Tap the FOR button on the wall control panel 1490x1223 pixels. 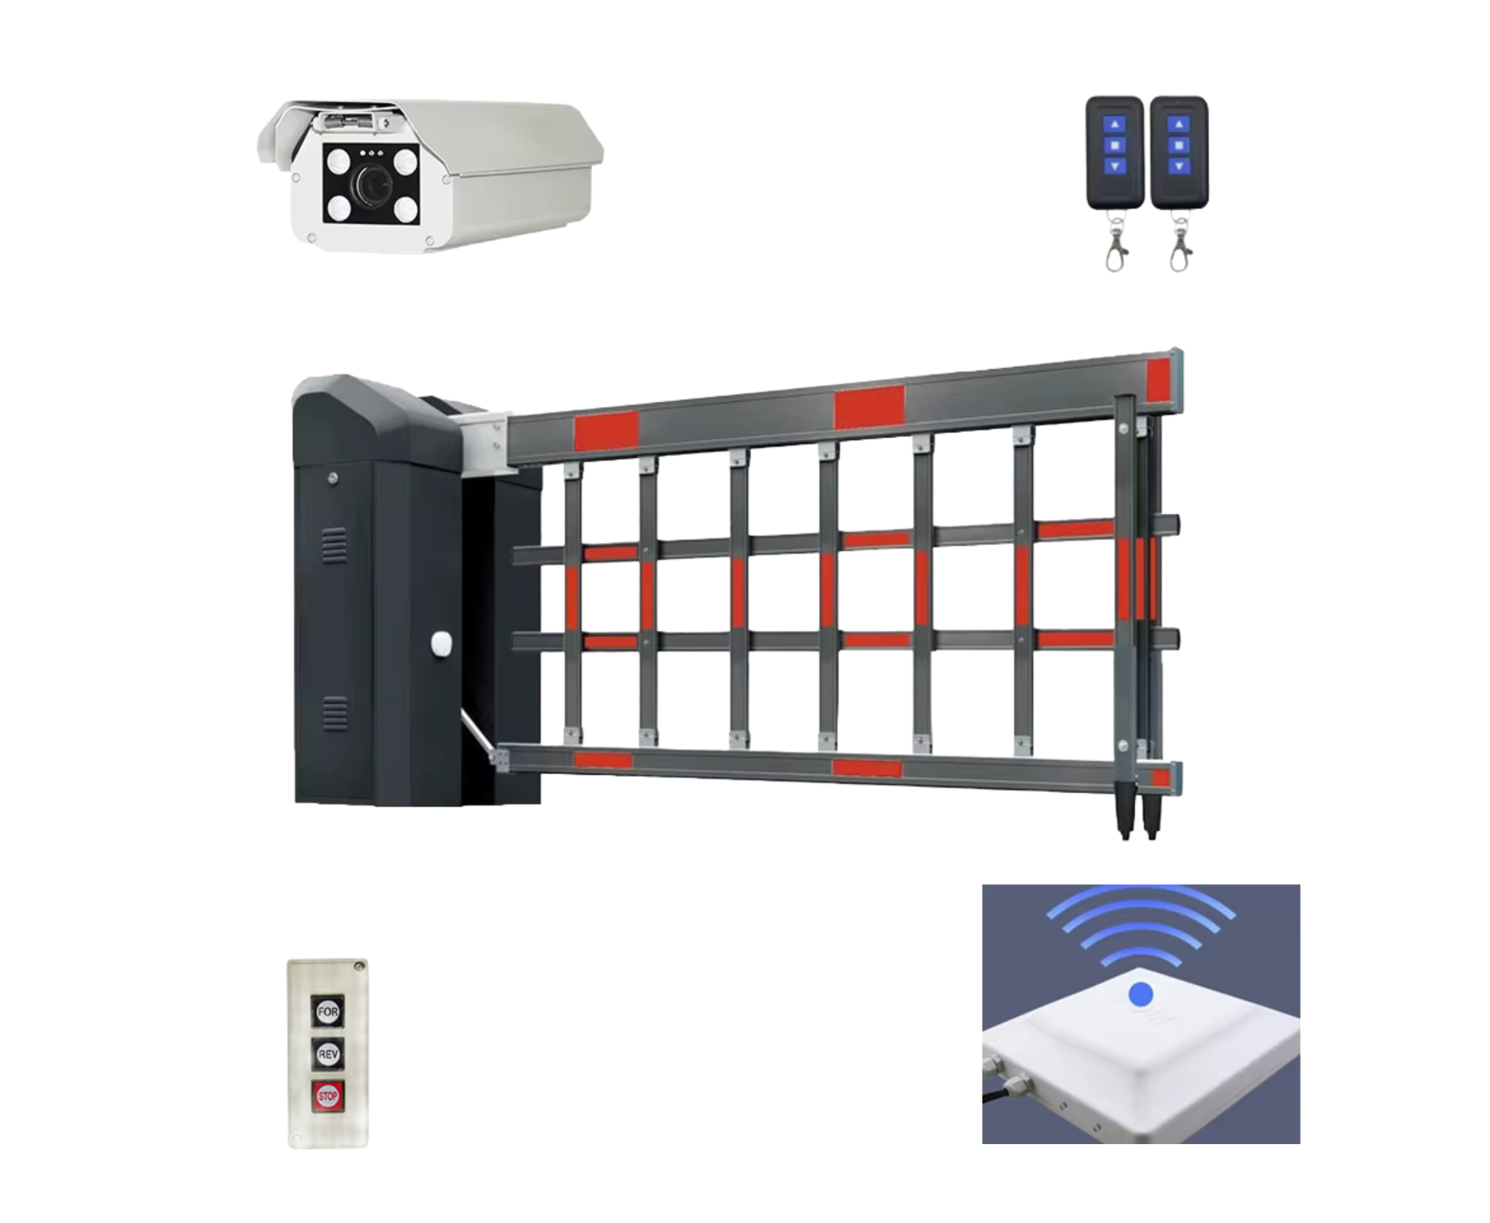328,1012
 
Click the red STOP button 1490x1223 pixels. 328,1096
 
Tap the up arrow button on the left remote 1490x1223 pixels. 1115,125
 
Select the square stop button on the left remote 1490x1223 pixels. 1115,146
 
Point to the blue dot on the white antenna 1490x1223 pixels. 1141,995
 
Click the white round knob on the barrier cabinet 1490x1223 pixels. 441,643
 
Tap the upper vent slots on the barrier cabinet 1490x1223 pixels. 334,546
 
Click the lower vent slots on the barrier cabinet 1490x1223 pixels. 335,715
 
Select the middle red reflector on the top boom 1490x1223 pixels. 869,407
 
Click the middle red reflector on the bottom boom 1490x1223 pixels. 867,768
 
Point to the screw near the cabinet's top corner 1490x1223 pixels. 333,479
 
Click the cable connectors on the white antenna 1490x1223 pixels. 1007,1078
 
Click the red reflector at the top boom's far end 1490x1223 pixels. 1159,381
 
